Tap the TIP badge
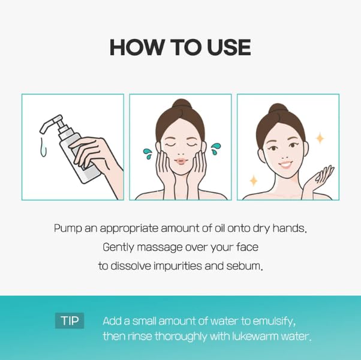point(70,320)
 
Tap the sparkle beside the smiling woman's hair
point(320,138)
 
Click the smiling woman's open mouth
point(285,164)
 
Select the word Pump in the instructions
point(67,229)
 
